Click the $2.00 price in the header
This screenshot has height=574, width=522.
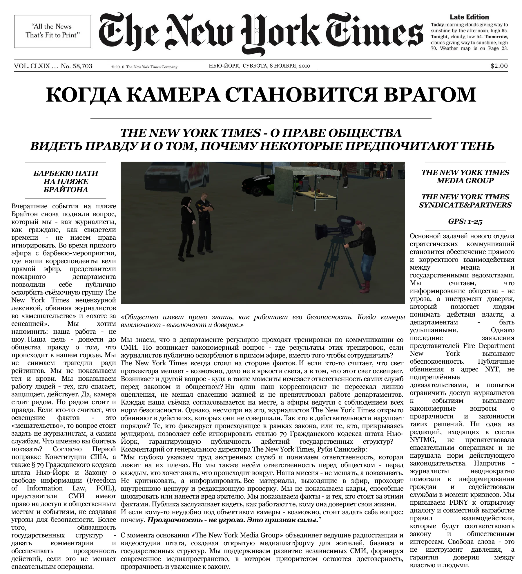(499, 66)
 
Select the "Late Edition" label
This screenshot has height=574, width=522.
(469, 17)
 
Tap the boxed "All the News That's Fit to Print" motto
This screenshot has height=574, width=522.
(52, 31)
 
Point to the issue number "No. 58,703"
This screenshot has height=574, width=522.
(77, 66)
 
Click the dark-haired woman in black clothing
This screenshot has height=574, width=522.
(186, 226)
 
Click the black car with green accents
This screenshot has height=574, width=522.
(258, 183)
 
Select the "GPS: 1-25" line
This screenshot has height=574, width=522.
(465, 221)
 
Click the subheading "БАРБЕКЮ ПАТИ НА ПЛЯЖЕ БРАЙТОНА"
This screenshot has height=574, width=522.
(66, 181)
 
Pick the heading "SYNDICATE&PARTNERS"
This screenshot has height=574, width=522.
(465, 205)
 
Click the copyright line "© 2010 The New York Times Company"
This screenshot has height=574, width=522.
(144, 67)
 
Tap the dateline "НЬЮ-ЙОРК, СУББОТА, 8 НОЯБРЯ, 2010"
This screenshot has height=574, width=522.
(259, 66)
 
